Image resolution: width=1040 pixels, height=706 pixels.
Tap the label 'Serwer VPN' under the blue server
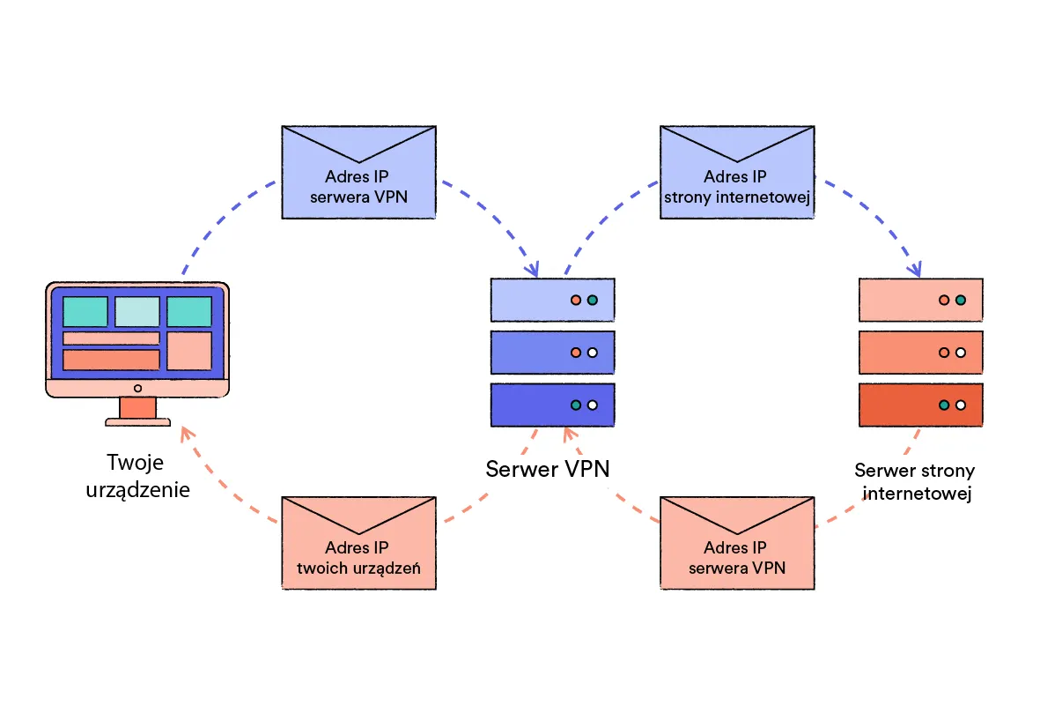(x=548, y=468)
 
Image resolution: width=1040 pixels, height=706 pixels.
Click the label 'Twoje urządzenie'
(x=137, y=476)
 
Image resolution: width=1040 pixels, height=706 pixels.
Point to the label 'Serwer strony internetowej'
(x=915, y=482)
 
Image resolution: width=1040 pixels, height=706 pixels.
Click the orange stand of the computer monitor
(x=137, y=408)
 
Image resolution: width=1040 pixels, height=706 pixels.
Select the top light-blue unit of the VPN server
(x=552, y=300)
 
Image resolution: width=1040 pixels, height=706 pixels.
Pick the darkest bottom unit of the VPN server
(x=552, y=405)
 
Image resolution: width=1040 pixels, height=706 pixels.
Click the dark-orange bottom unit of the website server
(x=920, y=405)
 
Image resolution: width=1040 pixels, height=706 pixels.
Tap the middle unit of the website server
(x=920, y=352)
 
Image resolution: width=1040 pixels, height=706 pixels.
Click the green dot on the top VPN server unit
(x=593, y=301)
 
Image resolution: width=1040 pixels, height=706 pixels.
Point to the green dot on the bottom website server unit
(x=944, y=405)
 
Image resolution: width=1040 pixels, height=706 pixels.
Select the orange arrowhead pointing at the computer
(x=185, y=431)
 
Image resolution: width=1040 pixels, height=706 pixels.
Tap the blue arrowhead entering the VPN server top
(x=534, y=269)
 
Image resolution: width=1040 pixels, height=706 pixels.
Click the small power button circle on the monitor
(x=137, y=388)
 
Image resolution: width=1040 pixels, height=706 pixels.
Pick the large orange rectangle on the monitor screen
(x=111, y=360)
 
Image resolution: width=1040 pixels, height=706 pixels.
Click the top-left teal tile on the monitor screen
(x=85, y=311)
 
